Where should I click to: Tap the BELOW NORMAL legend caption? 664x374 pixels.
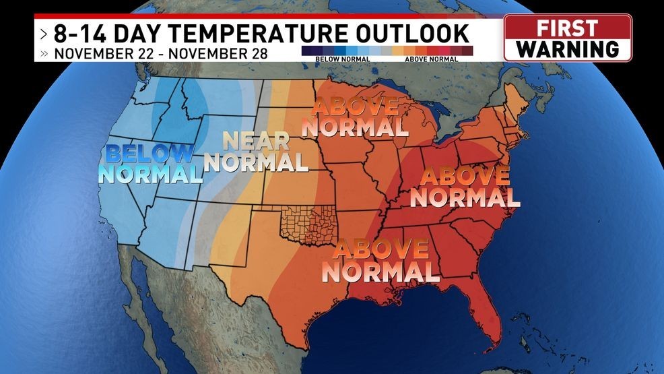(x=337, y=59)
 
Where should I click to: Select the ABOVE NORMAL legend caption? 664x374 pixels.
(x=431, y=59)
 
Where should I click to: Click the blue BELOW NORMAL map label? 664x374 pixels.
(x=150, y=164)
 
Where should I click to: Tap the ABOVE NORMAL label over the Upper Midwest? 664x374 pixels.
(x=354, y=117)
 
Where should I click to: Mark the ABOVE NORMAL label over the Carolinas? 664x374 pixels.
(x=465, y=187)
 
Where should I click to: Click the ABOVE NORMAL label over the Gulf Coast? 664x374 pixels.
(x=380, y=260)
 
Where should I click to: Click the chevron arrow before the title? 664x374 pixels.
(x=44, y=32)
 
